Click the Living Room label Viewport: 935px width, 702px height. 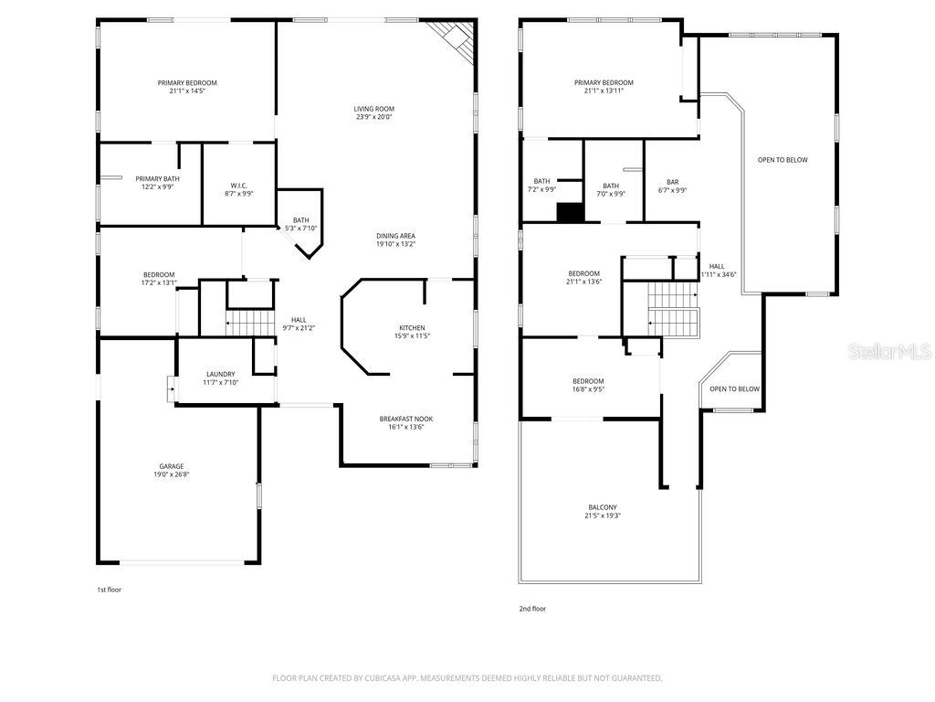tap(374, 109)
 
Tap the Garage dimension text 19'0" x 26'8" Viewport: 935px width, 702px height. tap(172, 475)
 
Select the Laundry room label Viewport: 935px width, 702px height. tap(220, 374)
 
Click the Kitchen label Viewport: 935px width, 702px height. tap(412, 327)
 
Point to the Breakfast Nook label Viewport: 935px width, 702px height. tap(406, 419)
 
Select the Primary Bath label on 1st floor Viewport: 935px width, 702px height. tap(154, 179)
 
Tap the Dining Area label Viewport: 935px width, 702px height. tap(395, 236)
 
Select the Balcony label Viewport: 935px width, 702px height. tap(602, 507)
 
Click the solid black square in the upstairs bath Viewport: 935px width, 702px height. tap(570, 212)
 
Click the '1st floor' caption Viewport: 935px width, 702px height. tap(109, 590)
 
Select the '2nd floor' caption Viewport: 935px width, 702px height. tap(532, 608)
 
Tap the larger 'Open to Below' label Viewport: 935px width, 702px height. tap(783, 160)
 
